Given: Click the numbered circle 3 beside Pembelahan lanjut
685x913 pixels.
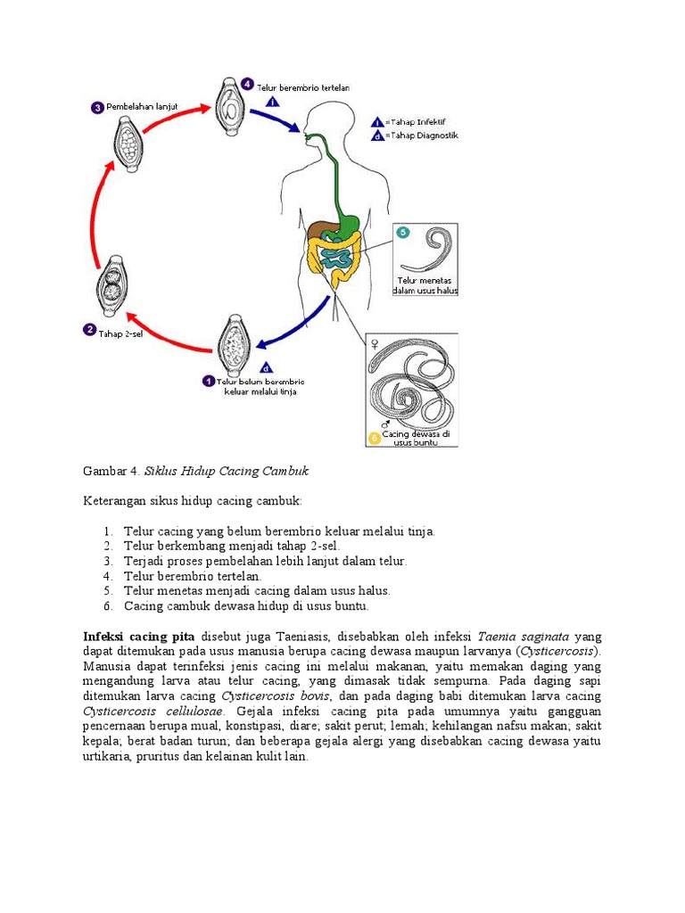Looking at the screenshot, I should pyautogui.click(x=97, y=108).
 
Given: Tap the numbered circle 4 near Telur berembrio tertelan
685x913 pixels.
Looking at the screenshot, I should pyautogui.click(x=247, y=84).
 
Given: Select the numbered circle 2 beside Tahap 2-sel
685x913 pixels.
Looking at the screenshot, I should pyautogui.click(x=89, y=329).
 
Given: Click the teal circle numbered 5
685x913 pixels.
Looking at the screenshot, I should pyautogui.click(x=403, y=233).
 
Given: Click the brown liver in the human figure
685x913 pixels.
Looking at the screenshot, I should pyautogui.click(x=320, y=229).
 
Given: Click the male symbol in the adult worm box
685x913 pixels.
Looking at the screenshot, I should pyautogui.click(x=385, y=425).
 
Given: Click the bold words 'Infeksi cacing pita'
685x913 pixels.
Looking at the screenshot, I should pyautogui.click(x=138, y=637).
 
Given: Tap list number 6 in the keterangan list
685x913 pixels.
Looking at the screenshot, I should pyautogui.click(x=107, y=606).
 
